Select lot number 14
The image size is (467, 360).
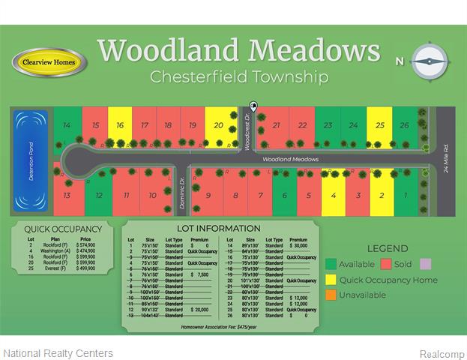pyautogui.click(x=67, y=125)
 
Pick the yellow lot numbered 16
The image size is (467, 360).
pyautogui.click(x=120, y=125)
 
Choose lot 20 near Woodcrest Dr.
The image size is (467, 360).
pyautogui.click(x=218, y=125)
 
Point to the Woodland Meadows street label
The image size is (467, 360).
pyautogui.click(x=290, y=159)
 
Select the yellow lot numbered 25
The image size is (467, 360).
pyautogui.click(x=380, y=125)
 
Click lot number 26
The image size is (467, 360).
pyautogui.click(x=405, y=125)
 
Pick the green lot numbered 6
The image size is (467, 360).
pyautogui.click(x=284, y=196)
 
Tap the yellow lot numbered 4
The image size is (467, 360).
pyautogui.click(x=333, y=196)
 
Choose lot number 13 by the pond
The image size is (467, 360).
pyautogui.click(x=67, y=196)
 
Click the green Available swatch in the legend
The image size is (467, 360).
pyautogui.click(x=331, y=264)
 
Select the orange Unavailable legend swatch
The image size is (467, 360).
pyautogui.click(x=331, y=295)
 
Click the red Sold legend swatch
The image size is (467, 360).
pyautogui.click(x=387, y=264)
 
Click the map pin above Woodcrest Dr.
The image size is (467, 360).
pyautogui.click(x=253, y=107)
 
